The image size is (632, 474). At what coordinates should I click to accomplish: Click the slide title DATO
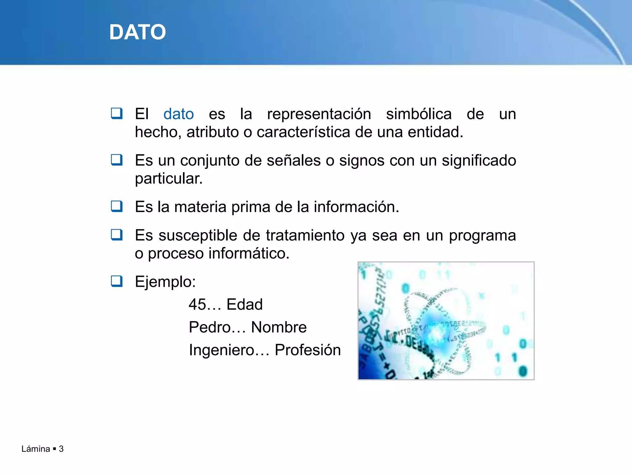point(138,32)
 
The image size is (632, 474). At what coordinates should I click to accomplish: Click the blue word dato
point(178,114)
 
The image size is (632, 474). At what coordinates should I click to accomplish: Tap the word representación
point(319,114)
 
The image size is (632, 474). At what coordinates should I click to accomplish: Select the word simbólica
point(419,114)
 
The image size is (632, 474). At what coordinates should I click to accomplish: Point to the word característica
point(303,132)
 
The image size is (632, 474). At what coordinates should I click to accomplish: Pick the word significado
point(479,161)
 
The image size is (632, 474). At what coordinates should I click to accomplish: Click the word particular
point(168,179)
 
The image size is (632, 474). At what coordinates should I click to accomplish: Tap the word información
point(356,207)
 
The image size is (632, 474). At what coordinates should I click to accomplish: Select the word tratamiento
point(305,235)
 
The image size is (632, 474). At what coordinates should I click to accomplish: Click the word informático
point(249,254)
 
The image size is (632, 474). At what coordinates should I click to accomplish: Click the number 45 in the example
point(197,305)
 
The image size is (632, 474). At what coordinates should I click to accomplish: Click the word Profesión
point(308,350)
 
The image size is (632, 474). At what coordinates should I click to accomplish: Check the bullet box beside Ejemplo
point(117,281)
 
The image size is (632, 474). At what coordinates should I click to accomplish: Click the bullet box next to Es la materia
point(117,206)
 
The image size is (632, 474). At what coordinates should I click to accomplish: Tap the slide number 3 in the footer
point(61,449)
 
